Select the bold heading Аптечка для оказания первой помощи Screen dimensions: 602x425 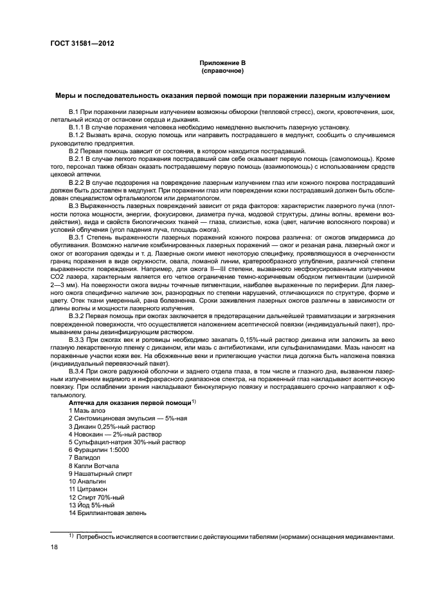click(130, 402)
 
